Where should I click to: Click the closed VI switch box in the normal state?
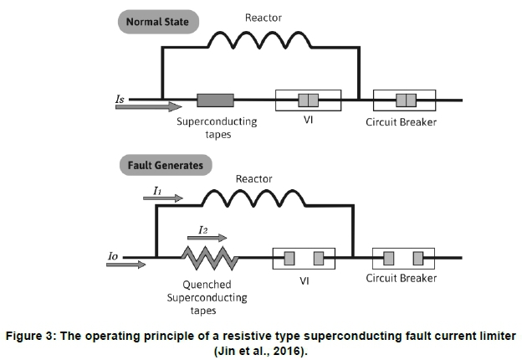pyautogui.click(x=308, y=101)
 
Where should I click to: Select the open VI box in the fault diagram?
pyautogui.click(x=304, y=257)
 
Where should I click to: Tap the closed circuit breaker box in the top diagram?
pyautogui.click(x=406, y=101)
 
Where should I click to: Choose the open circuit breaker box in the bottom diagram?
pyautogui.click(x=405, y=257)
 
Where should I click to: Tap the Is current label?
pyautogui.click(x=120, y=97)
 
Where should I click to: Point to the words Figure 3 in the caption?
pyautogui.click(x=33, y=336)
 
